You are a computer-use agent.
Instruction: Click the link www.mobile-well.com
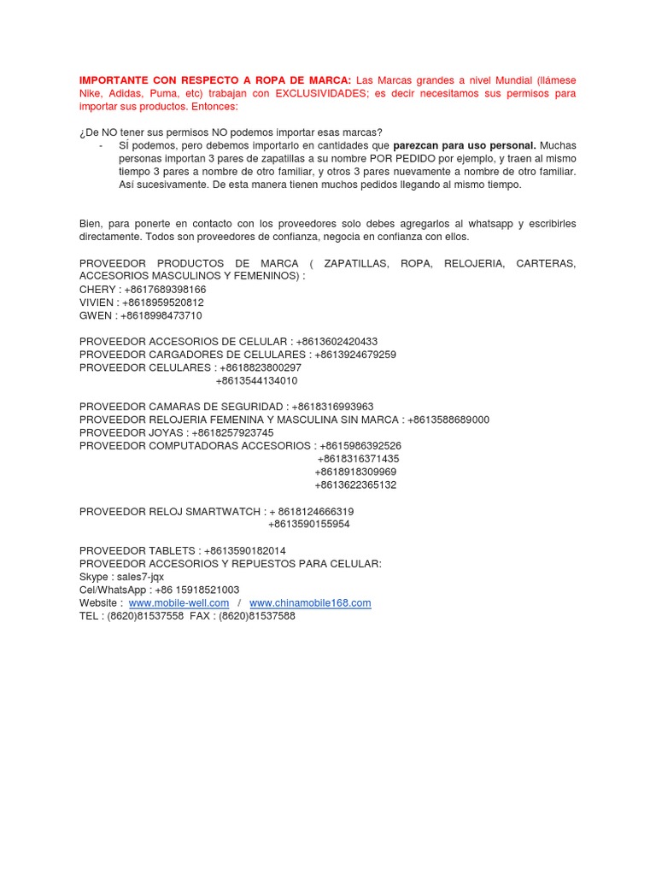pyautogui.click(x=179, y=603)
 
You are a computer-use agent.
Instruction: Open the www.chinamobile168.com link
pyautogui.click(x=310, y=603)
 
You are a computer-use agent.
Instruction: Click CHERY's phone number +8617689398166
pyautogui.click(x=165, y=290)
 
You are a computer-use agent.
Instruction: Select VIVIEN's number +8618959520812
pyautogui.click(x=164, y=302)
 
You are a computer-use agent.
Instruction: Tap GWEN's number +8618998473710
pyautogui.click(x=161, y=315)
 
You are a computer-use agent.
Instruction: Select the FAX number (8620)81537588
pyautogui.click(x=257, y=616)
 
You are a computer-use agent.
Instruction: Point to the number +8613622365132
pyautogui.click(x=355, y=485)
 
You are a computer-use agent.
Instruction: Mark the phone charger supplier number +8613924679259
pyautogui.click(x=355, y=355)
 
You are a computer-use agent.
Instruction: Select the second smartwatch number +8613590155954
pyautogui.click(x=309, y=525)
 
